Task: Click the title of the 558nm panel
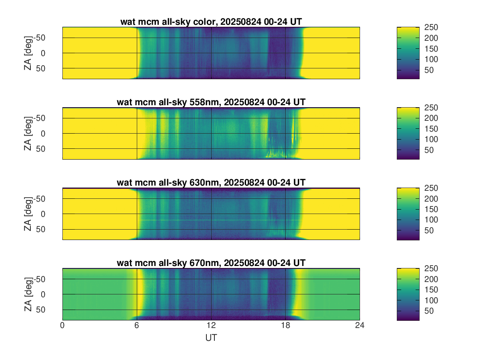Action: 211,102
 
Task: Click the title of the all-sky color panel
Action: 211,22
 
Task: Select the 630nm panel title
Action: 211,183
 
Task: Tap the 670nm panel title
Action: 211,263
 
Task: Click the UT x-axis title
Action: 211,338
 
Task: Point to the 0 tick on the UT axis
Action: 62,326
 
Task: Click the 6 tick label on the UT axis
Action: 137,326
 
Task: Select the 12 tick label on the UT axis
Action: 211,326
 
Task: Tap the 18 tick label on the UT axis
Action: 285,326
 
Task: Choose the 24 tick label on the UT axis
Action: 360,326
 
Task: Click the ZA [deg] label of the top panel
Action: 28,53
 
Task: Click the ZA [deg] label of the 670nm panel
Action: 28,294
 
